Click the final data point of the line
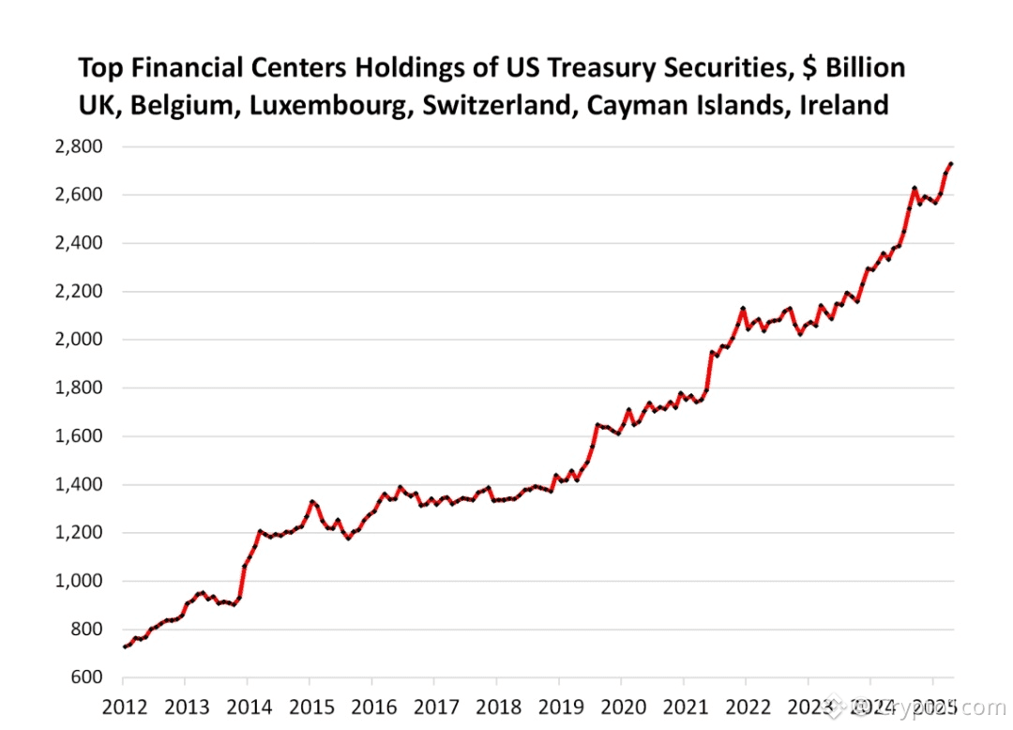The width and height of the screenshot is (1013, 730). pyautogui.click(x=951, y=164)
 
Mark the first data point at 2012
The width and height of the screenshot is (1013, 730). pyautogui.click(x=125, y=646)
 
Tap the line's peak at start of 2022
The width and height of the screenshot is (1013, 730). pyautogui.click(x=743, y=308)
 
